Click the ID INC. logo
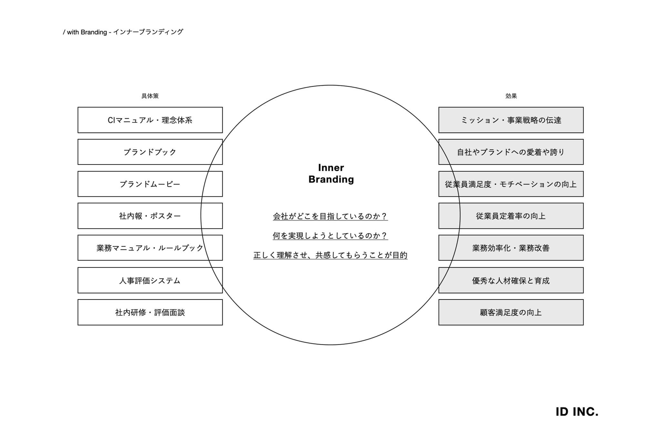click(x=577, y=412)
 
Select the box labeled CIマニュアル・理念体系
click(x=150, y=120)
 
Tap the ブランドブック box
click(x=150, y=152)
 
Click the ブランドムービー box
click(x=150, y=184)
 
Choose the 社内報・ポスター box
click(x=150, y=216)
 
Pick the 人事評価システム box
click(x=150, y=280)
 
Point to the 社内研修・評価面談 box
click(x=150, y=312)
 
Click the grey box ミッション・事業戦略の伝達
click(x=511, y=120)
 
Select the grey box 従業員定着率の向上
click(x=511, y=216)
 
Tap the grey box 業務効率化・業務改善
click(x=511, y=248)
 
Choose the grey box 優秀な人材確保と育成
click(x=511, y=280)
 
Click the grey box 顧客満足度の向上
click(x=511, y=312)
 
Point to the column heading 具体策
click(x=150, y=96)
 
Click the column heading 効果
click(x=511, y=96)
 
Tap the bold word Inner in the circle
click(x=331, y=168)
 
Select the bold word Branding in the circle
click(x=331, y=179)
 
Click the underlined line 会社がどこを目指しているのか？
click(x=330, y=216)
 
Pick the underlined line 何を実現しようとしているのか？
click(x=330, y=236)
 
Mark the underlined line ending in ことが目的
click(x=330, y=255)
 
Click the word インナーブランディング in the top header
click(x=148, y=32)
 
